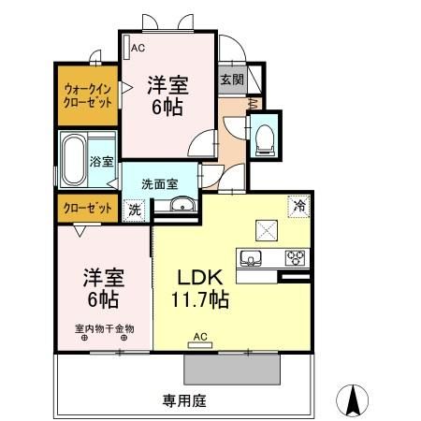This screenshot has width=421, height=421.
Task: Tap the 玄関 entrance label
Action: click(x=231, y=80)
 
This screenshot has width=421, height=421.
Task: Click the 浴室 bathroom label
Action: click(x=102, y=162)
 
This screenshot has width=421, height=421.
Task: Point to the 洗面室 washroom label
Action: click(x=160, y=184)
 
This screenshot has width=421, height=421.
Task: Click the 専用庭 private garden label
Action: click(x=182, y=401)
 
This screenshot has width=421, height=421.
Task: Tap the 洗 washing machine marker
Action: click(x=135, y=210)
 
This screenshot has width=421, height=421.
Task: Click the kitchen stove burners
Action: click(x=296, y=257)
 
